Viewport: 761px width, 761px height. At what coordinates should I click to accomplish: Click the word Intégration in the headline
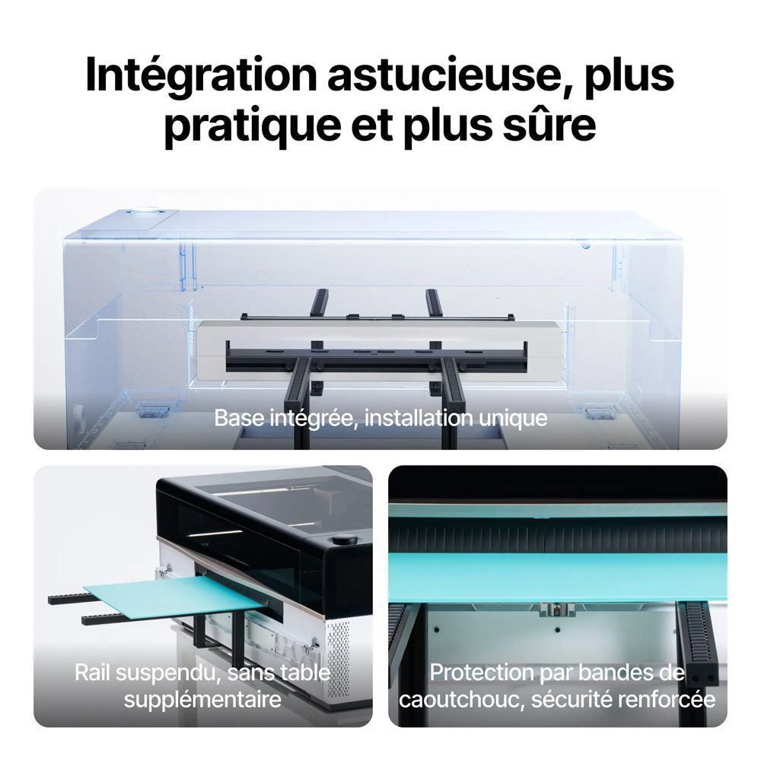201,76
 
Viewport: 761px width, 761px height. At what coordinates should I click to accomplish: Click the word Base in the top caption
238,418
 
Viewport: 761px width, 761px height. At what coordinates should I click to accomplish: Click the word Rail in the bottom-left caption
93,673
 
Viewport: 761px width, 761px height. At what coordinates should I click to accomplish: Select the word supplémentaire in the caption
202,700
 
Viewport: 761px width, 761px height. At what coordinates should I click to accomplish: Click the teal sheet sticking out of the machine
176,597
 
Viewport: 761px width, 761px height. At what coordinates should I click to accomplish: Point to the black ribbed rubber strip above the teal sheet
557,538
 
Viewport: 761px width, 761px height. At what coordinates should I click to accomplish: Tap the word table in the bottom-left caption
307,673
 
